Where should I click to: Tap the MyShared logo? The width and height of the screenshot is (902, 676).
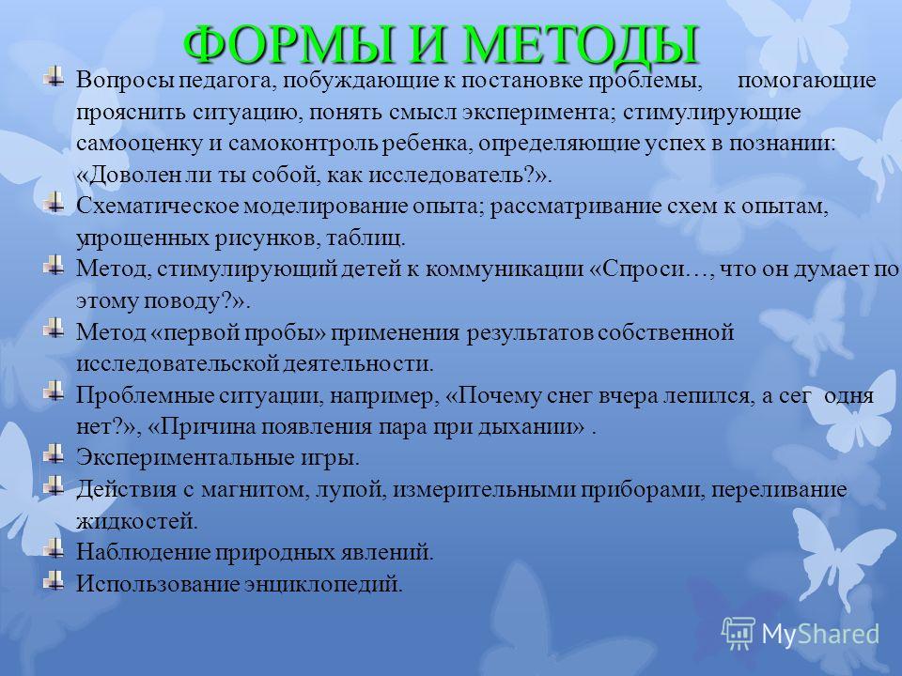click(x=801, y=634)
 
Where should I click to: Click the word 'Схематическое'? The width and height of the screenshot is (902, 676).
click(x=157, y=206)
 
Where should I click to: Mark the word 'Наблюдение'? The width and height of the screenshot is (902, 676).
click(x=143, y=552)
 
